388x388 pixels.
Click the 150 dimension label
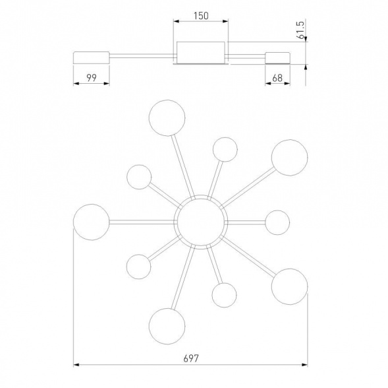coord(201,16)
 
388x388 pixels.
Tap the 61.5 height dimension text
coord(300,30)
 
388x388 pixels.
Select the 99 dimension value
coord(92,78)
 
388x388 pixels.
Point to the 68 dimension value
coord(277,78)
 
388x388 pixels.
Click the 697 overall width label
coord(191,358)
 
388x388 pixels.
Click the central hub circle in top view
coord(201,222)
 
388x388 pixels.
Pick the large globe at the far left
coord(92,222)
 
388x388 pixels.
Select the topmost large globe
coord(167,118)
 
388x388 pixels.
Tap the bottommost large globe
coord(167,326)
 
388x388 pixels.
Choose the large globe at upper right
coord(289,158)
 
